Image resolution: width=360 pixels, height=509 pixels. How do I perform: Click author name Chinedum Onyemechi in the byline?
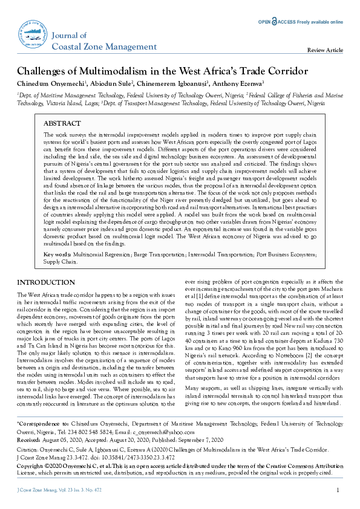pyautogui.click(x=50, y=83)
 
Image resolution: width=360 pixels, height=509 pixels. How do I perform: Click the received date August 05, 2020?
pyautogui.click(x=62, y=441)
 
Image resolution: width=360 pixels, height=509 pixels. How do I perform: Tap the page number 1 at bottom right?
pyautogui.click(x=337, y=490)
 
